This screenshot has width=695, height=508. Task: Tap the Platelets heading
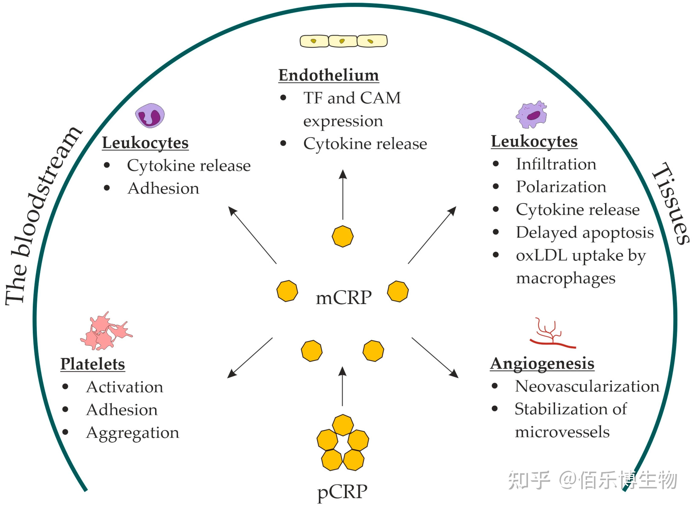[x=92, y=364]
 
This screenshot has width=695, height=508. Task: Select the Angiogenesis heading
[x=542, y=364]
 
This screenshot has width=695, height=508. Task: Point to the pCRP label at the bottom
[x=342, y=491]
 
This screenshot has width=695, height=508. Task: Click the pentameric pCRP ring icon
[x=343, y=443]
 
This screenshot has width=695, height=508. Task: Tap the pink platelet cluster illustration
[x=106, y=332]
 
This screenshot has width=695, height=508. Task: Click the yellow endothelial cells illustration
[x=343, y=41]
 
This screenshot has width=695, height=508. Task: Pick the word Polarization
[x=561, y=187]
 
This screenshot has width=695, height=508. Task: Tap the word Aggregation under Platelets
[x=133, y=433]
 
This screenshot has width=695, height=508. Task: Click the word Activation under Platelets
[x=124, y=387]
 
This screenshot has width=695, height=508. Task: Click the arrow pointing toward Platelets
[x=249, y=358]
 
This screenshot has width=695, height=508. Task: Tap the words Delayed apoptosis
[x=585, y=232]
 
